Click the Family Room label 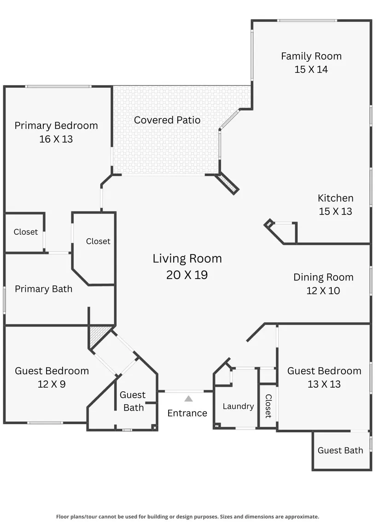[311, 56]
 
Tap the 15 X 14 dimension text [311, 70]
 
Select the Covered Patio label [167, 120]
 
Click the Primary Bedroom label [56, 126]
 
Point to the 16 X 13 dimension [56, 139]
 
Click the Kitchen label [335, 198]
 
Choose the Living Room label [187, 259]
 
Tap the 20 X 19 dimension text [187, 275]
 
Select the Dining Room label [323, 277]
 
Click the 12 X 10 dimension [323, 290]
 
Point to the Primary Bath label [44, 289]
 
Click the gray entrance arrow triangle [188, 399]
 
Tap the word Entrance [187, 413]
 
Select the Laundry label [239, 406]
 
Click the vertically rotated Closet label [269, 406]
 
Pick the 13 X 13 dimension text [324, 384]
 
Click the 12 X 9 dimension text [52, 384]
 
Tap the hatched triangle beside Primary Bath [98, 335]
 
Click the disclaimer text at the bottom [187, 516]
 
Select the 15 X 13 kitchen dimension [335, 211]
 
